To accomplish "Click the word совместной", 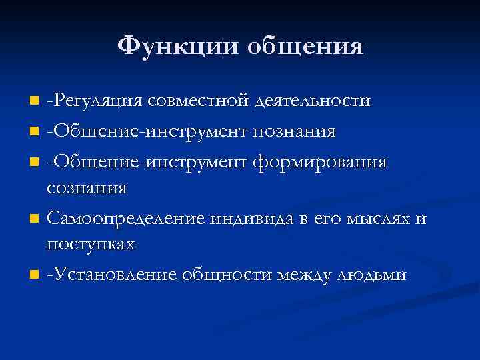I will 199,101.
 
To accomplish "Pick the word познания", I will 294,131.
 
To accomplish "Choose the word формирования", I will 321,161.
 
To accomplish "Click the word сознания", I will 87,188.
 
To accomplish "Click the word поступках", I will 91,245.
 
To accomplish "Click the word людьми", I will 373,274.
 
